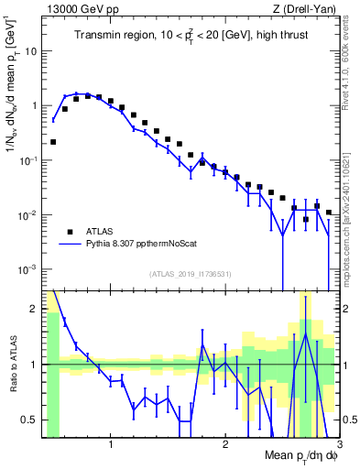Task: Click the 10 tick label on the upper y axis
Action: tap(30, 51)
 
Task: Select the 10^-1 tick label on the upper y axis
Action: tap(27, 160)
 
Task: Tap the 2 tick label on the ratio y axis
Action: tap(34, 308)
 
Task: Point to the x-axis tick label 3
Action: tap(338, 446)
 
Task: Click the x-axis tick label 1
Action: tap(111, 446)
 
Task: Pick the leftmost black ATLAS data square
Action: tap(53, 142)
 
